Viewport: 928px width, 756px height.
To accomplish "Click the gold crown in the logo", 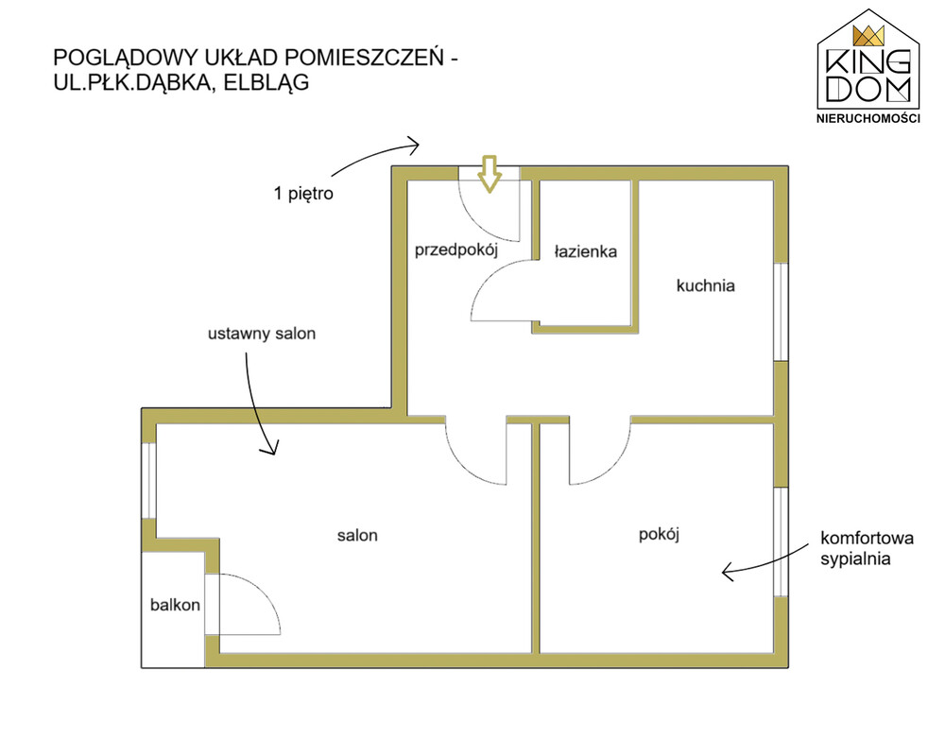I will (868, 36).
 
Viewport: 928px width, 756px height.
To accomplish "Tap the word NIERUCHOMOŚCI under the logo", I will (868, 118).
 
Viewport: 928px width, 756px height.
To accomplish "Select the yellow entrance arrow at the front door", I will (489, 174).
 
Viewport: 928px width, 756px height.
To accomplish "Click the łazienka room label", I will (586, 252).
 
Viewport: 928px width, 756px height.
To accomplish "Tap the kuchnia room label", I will (705, 284).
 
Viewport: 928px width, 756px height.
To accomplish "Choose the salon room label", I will (357, 535).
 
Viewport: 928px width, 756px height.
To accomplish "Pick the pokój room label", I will (660, 534).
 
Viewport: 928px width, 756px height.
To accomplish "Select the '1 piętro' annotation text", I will (304, 195).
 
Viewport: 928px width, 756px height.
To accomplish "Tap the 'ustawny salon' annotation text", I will (262, 334).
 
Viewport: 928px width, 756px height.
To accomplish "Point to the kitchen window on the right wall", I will (781, 311).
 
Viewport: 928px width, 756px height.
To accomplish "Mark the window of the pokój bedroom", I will (781, 541).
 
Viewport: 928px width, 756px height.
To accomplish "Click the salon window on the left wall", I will (148, 479).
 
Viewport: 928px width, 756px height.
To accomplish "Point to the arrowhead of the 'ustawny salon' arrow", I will (272, 451).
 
